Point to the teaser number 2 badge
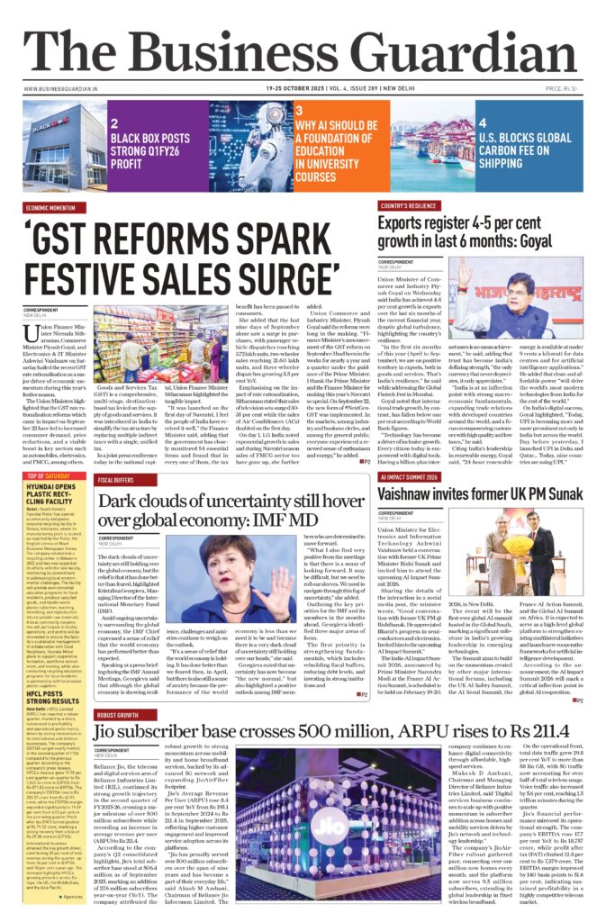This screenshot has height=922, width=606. click(114, 123)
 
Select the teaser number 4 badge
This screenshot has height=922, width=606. click(483, 123)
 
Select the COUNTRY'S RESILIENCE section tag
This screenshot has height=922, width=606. click(412, 207)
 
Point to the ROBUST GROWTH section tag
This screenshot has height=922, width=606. click(121, 716)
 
